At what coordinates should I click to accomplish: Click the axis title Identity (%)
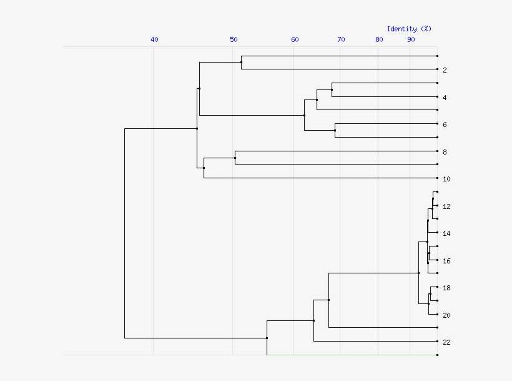coord(409,29)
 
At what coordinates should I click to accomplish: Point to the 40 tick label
coord(154,39)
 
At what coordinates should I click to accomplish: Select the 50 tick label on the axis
coord(234,39)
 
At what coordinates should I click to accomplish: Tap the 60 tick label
coord(295,39)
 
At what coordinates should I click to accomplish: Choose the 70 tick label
coord(341,39)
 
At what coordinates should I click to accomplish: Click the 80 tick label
coord(379,39)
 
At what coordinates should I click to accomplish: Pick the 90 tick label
coord(411,39)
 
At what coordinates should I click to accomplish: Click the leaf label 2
coord(445,70)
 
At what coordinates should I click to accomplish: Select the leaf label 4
coord(445,98)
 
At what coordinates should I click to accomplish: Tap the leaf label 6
coord(445,124)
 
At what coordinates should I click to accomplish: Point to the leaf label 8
coord(445,152)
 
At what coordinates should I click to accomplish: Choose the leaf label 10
coord(446,179)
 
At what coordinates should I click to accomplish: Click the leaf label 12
coord(446,206)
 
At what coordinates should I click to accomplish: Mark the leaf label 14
coord(446,233)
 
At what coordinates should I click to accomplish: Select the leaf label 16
coord(446,261)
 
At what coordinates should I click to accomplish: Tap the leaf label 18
coord(446,288)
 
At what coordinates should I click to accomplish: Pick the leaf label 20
coord(446,315)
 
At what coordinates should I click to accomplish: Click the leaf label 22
coord(446,342)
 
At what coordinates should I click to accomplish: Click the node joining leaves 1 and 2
coord(241,62)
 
